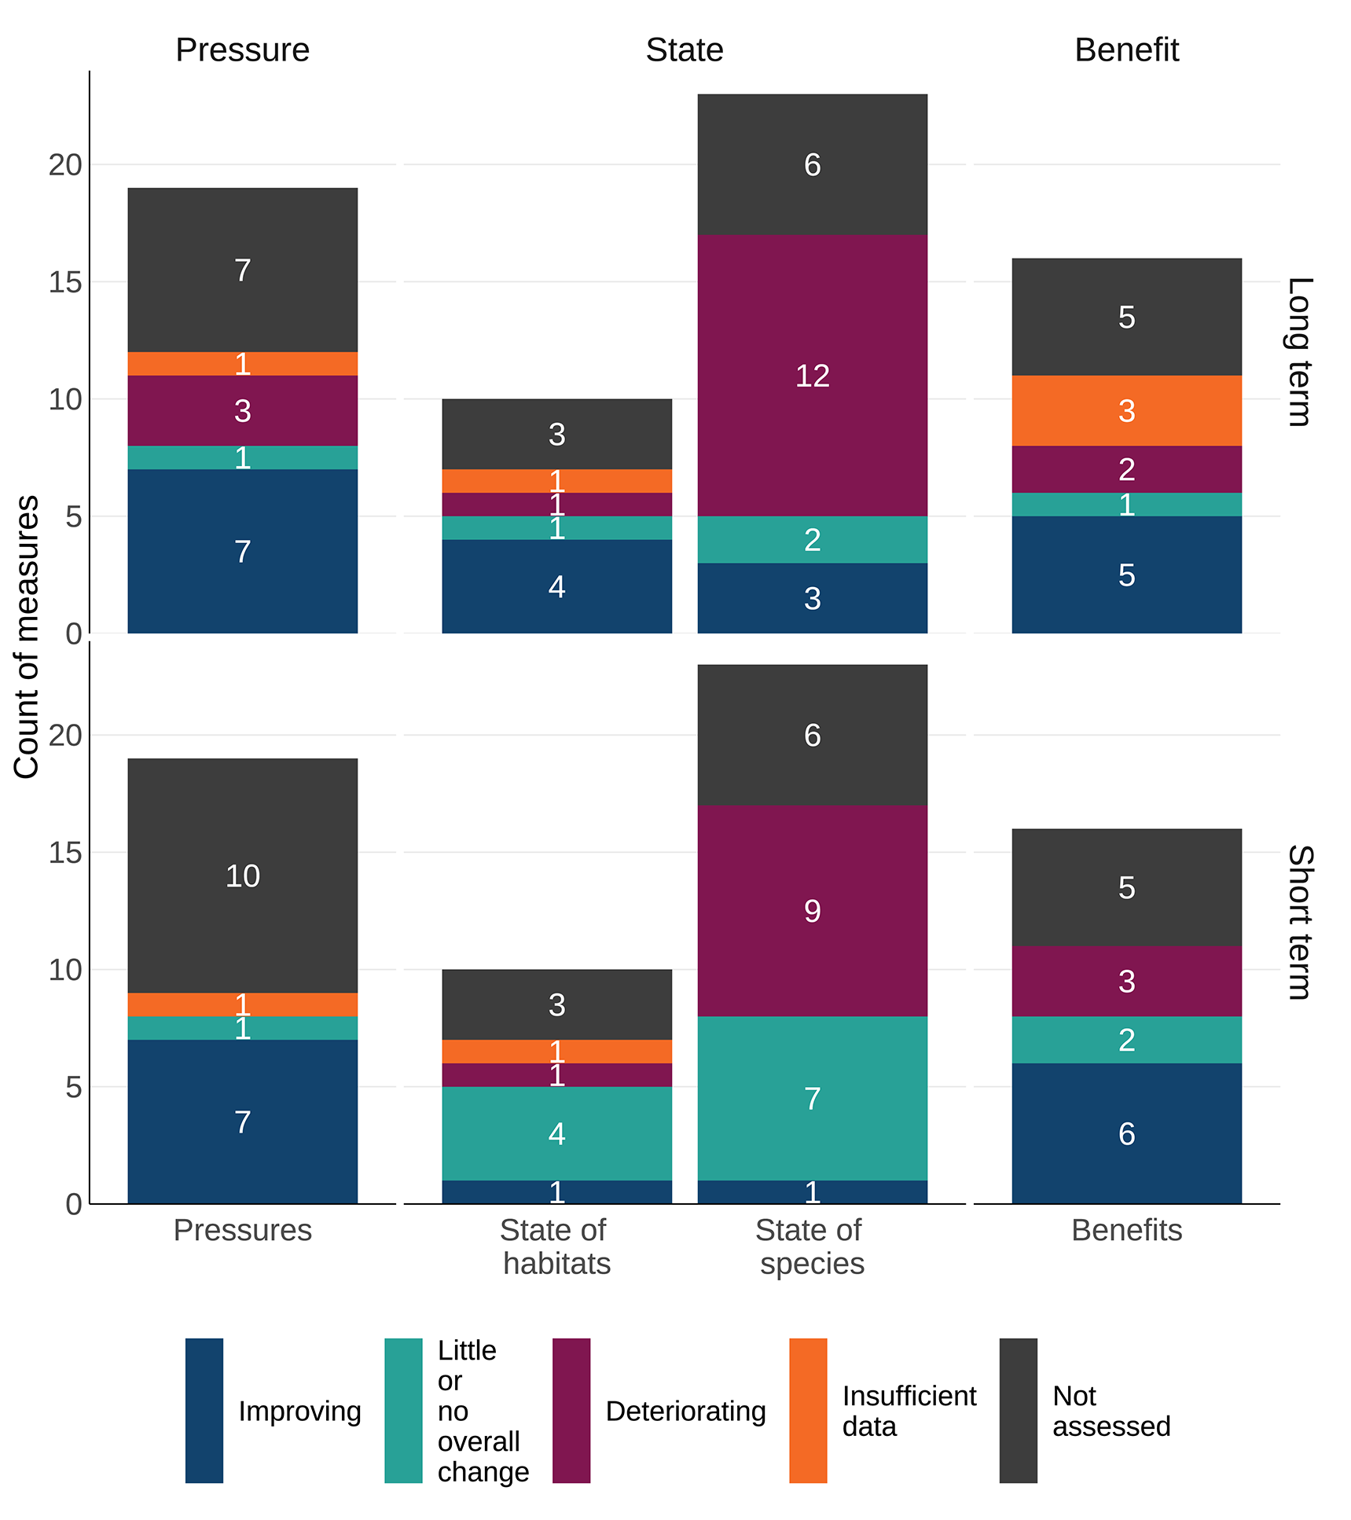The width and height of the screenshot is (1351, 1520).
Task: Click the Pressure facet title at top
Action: (242, 50)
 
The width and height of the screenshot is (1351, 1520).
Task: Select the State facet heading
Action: (684, 50)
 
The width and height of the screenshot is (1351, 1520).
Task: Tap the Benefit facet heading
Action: (1125, 50)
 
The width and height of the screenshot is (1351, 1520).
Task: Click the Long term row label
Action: (1300, 351)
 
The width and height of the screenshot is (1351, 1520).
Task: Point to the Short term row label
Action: (1300, 922)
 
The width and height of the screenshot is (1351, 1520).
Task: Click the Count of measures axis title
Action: (27, 637)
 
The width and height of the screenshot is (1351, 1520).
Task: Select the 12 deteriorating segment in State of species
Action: (812, 376)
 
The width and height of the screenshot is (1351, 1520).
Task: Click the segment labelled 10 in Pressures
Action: (242, 876)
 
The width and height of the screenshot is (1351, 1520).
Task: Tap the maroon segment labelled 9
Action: (812, 911)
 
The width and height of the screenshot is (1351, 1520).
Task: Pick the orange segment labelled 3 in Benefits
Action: (1126, 410)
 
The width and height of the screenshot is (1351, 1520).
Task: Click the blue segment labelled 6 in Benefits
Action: (1126, 1133)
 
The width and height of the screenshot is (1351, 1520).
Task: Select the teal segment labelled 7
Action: (812, 1098)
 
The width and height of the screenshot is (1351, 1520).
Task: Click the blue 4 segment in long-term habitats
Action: (556, 586)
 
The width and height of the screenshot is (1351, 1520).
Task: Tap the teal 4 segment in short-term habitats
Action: (556, 1133)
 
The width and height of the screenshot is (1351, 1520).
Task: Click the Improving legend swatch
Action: (204, 1410)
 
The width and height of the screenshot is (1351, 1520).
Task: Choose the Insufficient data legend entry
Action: (909, 1410)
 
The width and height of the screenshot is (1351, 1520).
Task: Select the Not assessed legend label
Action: (1111, 1410)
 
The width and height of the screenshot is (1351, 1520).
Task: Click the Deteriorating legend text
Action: (685, 1410)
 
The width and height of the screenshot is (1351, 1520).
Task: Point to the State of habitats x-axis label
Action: (556, 1246)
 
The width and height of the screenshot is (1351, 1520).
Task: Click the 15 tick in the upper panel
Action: (65, 282)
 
